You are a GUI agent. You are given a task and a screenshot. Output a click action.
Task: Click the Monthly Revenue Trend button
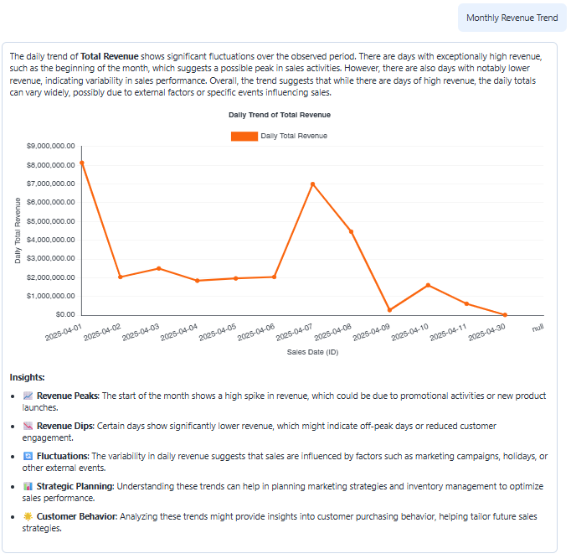[x=512, y=18]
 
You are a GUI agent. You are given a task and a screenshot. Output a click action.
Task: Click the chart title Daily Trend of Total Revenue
[x=280, y=115]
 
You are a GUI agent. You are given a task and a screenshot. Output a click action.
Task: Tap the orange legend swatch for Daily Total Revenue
[x=244, y=136]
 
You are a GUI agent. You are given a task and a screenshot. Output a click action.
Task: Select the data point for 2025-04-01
[x=81, y=163]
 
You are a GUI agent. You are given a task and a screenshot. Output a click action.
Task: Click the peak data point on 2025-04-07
[x=312, y=184]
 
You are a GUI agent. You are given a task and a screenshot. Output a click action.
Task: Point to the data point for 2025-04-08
[x=351, y=232]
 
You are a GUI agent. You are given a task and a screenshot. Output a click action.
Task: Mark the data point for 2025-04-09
[x=389, y=310]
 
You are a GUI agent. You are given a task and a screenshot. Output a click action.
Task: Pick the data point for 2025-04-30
[x=505, y=315]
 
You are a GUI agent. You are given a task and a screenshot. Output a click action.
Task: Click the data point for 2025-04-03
[x=158, y=268]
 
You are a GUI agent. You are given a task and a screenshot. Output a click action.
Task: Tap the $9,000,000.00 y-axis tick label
[x=50, y=146]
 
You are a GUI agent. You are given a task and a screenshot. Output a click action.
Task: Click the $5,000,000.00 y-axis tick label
[x=50, y=221]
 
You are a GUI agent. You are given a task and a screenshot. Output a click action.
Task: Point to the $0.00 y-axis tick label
[x=64, y=315]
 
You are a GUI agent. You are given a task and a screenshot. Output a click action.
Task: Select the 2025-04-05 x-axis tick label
[x=220, y=333]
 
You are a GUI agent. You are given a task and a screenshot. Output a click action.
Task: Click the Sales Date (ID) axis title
[x=312, y=352]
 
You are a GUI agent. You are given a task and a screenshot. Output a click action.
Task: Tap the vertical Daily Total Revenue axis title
[x=18, y=230]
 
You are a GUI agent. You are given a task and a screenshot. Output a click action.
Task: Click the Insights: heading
[x=27, y=378]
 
